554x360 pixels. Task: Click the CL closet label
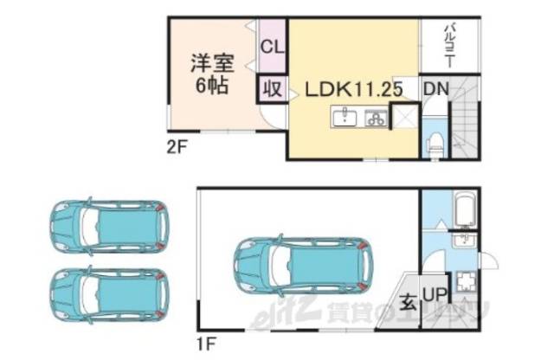click(x=270, y=46)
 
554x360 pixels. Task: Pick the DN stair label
click(x=434, y=88)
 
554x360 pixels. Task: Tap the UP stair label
click(x=434, y=295)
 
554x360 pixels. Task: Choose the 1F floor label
click(x=206, y=344)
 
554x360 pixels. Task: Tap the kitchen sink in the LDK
click(x=345, y=118)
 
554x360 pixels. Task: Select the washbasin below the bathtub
click(x=464, y=241)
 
